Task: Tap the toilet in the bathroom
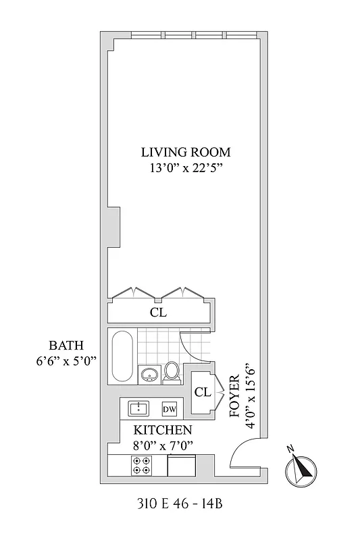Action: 172,372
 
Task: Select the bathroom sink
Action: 150,374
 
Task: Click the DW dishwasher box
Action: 169,408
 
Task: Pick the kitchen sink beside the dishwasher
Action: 139,408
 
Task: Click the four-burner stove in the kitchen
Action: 142,464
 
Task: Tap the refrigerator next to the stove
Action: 181,466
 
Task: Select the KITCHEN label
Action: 162,430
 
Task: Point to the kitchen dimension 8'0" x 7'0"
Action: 162,444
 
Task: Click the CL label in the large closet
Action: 158,313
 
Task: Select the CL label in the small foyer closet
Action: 202,392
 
